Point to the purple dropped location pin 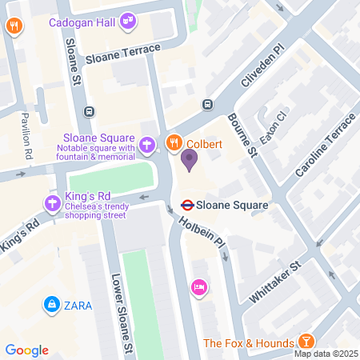[x=190, y=159]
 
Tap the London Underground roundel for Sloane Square [x=186, y=205]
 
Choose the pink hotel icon [x=198, y=286]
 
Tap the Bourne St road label [x=241, y=132]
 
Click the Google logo [x=27, y=350]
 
